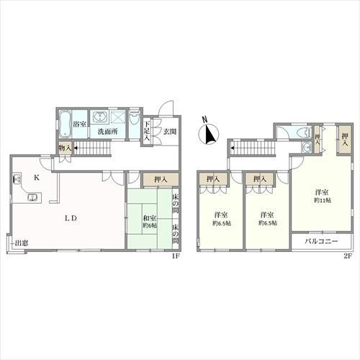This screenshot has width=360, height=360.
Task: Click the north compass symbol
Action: [209, 133]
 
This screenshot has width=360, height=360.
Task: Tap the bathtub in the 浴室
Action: [65, 124]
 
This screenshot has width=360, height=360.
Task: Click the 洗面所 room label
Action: [107, 132]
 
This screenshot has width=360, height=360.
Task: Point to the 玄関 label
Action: [170, 131]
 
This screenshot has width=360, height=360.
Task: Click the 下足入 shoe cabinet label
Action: [147, 131]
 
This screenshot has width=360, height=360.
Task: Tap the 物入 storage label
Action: [65, 148]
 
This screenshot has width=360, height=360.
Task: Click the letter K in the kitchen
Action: [37, 178]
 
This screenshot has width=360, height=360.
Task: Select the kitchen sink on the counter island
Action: [32, 197]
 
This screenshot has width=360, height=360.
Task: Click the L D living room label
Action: [71, 218]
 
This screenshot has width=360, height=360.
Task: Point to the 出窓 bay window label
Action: [22, 243]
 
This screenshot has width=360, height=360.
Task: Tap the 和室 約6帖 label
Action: [150, 222]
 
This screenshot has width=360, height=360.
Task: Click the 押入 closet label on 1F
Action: [161, 179]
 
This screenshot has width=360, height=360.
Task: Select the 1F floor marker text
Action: [176, 256]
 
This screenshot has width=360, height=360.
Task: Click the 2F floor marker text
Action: [348, 256]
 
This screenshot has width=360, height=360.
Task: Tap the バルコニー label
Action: [321, 241]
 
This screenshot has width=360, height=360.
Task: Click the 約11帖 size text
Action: [323, 200]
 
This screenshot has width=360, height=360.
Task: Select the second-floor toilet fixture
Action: [304, 132]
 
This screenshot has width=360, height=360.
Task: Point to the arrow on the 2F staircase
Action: [232, 148]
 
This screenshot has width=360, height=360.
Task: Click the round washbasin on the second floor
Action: [306, 147]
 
